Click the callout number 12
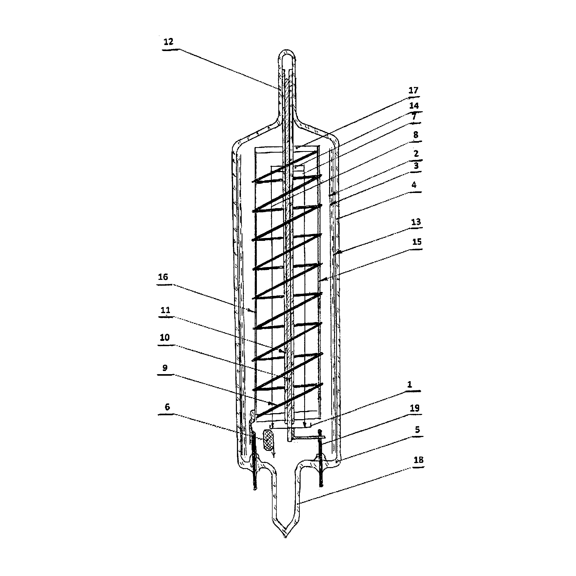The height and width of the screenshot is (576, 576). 168,42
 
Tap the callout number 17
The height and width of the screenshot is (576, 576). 413,90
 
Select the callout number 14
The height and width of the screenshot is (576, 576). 414,106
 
